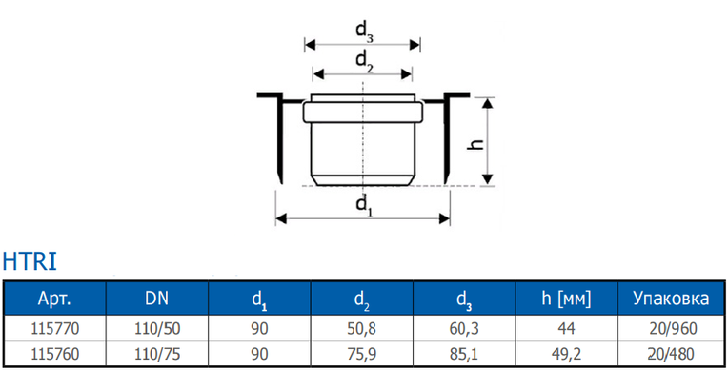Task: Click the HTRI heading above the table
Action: pos(30,260)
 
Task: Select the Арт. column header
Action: pos(54,299)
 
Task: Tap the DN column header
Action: pos(157,299)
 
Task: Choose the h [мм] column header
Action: pos(566,299)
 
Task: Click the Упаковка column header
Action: pos(672,299)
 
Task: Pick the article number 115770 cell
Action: pos(54,329)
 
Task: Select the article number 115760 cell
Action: pos(54,354)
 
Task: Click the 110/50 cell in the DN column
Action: pos(157,329)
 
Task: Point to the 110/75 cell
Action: pos(157,354)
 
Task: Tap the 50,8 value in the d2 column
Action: pos(362,329)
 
